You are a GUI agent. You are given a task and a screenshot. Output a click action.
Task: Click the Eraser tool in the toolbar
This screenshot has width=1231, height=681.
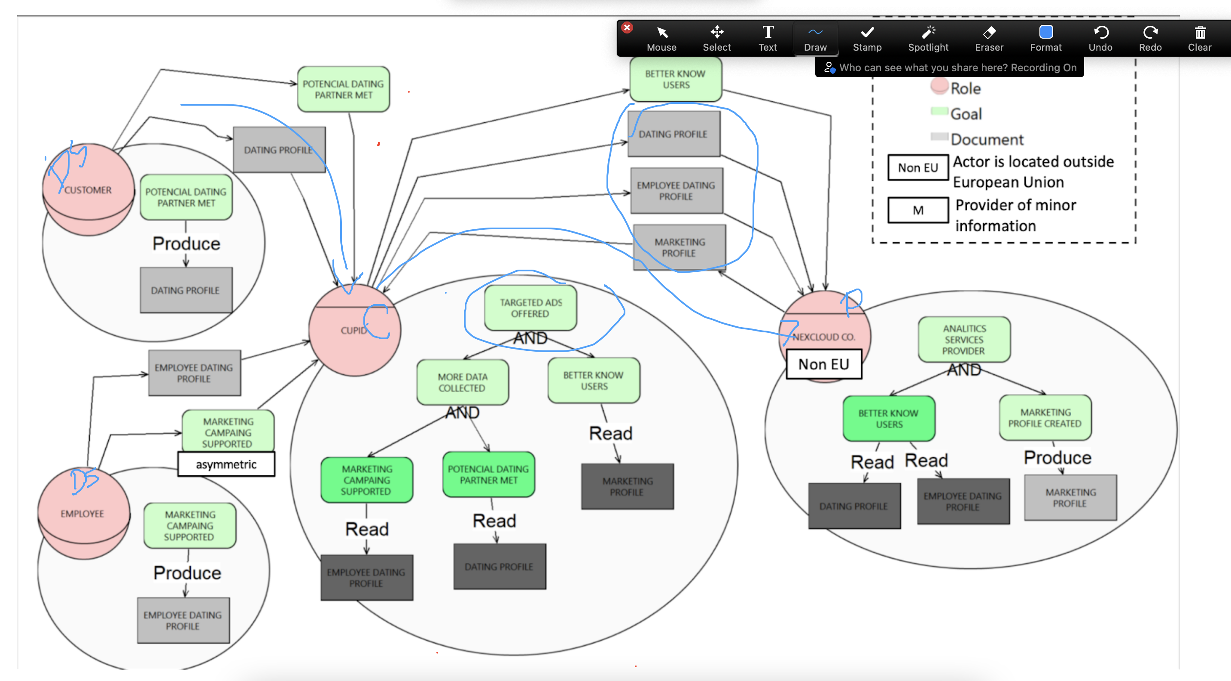(989, 38)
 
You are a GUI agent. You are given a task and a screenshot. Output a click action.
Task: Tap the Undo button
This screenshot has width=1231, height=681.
(1100, 38)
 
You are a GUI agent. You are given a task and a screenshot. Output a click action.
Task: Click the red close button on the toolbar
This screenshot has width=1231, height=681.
(628, 28)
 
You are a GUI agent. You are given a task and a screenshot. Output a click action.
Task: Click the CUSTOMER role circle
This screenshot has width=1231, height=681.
(88, 190)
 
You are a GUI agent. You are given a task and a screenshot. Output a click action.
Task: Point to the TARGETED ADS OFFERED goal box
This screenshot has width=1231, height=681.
(530, 308)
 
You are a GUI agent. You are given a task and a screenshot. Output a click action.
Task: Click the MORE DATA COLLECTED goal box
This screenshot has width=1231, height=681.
(462, 382)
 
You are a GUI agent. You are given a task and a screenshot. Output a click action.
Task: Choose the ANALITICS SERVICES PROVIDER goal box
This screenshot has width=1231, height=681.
(964, 340)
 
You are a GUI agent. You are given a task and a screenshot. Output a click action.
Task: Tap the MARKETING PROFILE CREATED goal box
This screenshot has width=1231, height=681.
(1045, 417)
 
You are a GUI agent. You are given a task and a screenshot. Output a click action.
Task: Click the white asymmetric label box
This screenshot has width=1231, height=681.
(226, 464)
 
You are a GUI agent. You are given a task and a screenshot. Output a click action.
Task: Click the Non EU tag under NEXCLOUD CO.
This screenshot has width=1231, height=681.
(823, 365)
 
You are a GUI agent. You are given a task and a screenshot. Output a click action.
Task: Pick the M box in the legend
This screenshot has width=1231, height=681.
(917, 210)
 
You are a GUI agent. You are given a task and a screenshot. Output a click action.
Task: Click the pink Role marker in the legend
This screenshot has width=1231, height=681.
(939, 86)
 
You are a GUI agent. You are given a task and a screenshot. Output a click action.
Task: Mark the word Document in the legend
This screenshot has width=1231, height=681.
(987, 140)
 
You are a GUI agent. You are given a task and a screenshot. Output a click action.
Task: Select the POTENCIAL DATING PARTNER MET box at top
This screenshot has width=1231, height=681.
(343, 89)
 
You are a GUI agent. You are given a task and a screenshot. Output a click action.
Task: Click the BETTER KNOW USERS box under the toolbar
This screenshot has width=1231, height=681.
(675, 79)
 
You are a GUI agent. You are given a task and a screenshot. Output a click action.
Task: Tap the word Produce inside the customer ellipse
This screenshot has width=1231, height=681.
(186, 243)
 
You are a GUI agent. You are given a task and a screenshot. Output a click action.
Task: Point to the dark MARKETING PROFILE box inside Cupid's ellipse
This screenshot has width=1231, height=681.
(627, 486)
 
